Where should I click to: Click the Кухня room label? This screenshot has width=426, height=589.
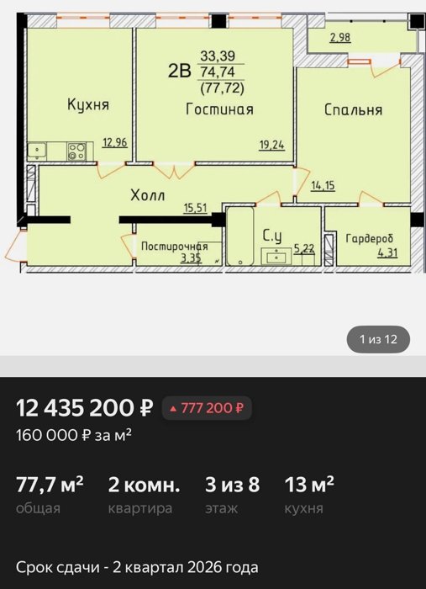[88, 104]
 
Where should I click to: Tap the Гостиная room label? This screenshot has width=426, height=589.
[220, 109]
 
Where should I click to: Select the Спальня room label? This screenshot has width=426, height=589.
[353, 109]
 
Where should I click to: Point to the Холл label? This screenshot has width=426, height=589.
[148, 195]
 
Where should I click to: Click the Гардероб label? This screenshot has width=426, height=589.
[370, 238]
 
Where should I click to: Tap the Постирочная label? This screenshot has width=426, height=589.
[175, 247]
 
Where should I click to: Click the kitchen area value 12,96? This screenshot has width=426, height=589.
[115, 143]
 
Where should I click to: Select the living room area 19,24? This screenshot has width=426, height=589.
[272, 145]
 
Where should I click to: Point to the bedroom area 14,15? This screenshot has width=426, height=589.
[323, 186]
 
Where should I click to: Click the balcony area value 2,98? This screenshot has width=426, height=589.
[340, 38]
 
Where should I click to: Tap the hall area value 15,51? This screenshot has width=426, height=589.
[196, 208]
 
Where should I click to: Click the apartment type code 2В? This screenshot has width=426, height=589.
[180, 71]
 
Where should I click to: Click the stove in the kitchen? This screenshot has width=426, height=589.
[76, 151]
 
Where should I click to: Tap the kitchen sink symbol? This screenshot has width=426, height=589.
[37, 151]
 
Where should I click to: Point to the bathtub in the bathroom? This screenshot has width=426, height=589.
[240, 236]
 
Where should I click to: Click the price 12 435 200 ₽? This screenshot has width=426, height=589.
[85, 408]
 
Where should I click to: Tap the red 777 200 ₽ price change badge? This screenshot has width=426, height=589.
[207, 408]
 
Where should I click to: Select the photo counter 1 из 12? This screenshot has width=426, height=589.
[378, 339]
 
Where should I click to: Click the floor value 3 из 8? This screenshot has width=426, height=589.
[232, 484]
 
